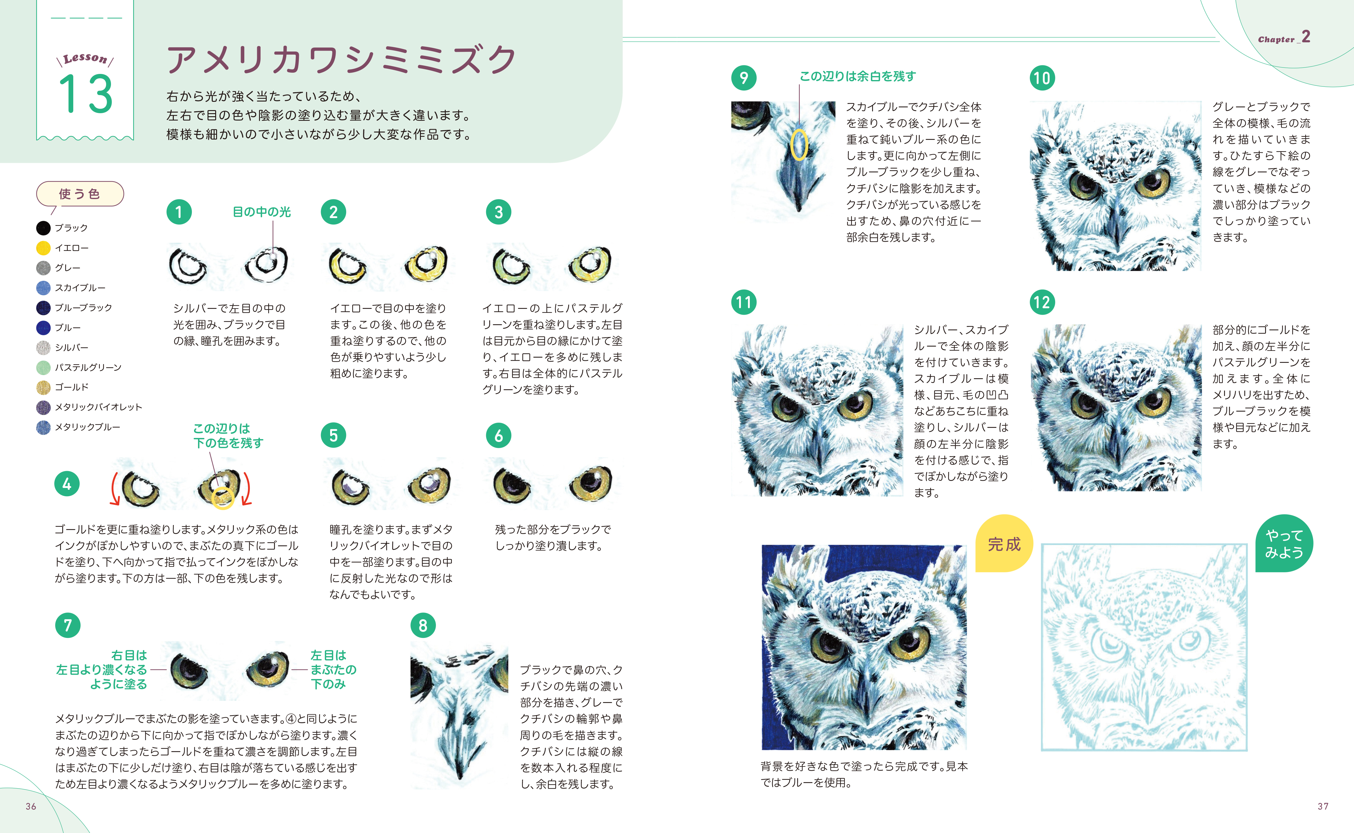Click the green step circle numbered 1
[179, 212]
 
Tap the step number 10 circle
[1042, 78]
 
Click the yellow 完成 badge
[1004, 544]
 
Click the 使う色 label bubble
[80, 194]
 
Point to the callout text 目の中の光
[261, 212]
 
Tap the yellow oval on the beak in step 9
[799, 145]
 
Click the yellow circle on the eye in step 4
[223, 497]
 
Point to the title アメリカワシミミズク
[341, 60]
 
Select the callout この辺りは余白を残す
[857, 76]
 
